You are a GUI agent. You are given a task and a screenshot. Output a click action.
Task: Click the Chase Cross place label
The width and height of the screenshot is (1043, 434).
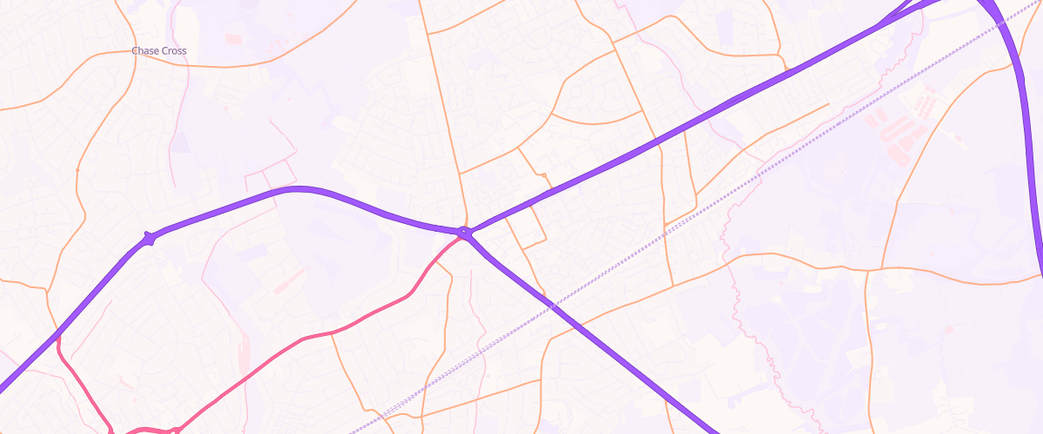[159, 51]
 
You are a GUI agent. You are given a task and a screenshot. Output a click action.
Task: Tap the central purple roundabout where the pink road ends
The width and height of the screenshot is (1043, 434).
[466, 233]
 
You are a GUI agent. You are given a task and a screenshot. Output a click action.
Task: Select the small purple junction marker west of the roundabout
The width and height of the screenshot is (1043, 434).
[149, 238]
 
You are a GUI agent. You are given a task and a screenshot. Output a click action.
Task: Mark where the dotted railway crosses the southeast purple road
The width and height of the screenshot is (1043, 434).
[551, 305]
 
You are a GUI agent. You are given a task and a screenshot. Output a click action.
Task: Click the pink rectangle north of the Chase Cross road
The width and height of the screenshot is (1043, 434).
[233, 39]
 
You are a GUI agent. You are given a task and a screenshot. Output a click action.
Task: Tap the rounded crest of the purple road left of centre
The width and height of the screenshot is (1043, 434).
[300, 188]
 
